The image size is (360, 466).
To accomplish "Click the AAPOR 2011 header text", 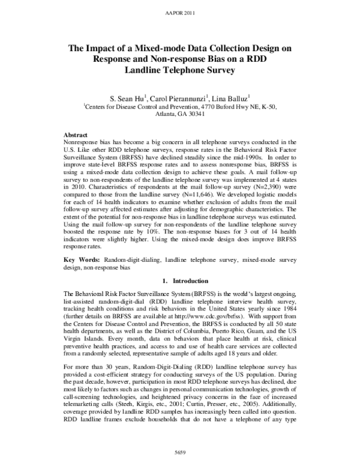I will (x=179, y=13).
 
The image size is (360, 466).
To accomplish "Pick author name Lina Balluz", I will (x=232, y=97).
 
